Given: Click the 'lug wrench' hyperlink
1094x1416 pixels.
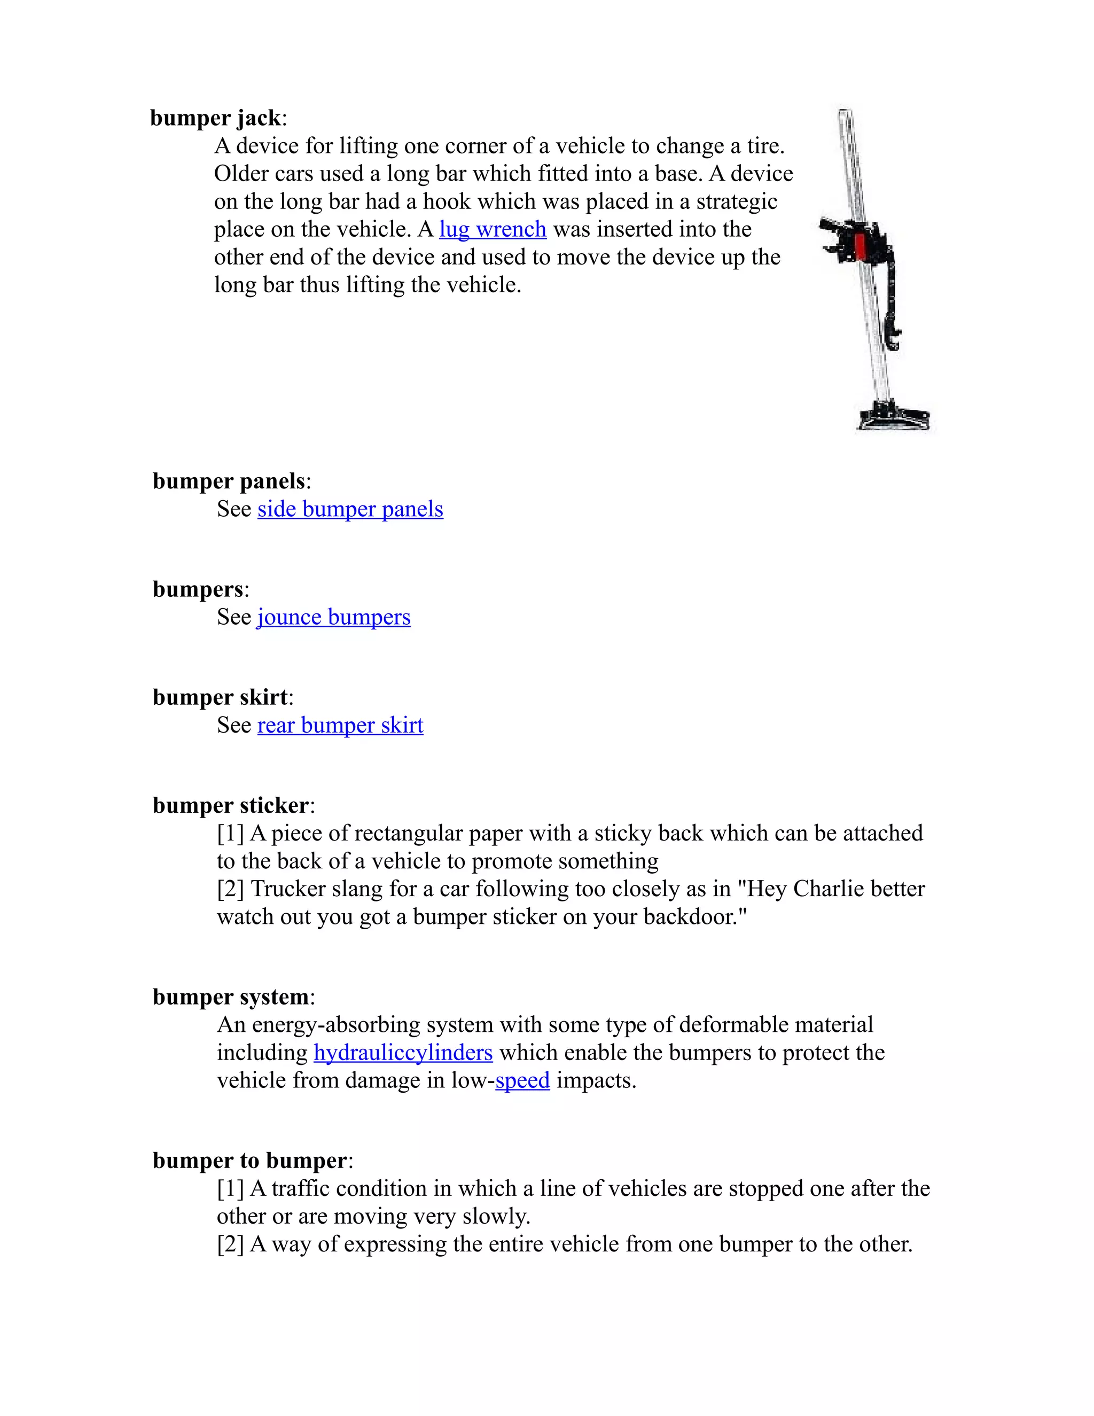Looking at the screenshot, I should point(493,230).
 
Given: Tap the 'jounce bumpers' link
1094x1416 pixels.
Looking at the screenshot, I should point(333,617).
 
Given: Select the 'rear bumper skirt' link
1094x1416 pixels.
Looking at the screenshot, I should point(340,725).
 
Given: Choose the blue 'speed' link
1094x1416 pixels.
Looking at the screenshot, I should point(522,1080).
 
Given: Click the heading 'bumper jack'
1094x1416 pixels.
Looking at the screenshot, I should point(216,118).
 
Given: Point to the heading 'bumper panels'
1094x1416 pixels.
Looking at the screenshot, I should point(229,481).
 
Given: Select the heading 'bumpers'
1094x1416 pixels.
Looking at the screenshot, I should point(198,589).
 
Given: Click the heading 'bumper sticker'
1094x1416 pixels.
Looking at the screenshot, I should point(231,805).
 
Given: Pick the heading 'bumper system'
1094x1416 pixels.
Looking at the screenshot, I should point(231,997).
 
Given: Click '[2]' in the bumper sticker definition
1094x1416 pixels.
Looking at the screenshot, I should point(230,889).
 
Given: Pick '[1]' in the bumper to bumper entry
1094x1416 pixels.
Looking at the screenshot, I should point(230,1188).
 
